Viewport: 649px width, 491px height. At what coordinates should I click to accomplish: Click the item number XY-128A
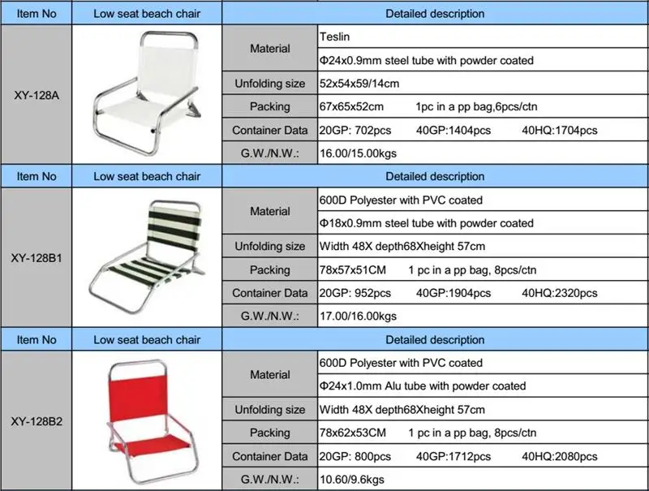coord(37,94)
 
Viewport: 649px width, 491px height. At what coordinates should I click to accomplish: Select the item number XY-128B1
coord(37,258)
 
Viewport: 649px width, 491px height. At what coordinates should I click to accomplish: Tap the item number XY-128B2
coord(37,421)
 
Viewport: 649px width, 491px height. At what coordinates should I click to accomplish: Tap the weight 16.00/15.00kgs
coord(359,153)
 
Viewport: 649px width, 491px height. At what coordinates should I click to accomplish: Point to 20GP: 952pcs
coord(356,293)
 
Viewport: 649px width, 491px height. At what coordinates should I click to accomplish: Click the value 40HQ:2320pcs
coord(560,293)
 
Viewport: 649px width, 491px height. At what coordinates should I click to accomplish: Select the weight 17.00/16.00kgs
coord(359,316)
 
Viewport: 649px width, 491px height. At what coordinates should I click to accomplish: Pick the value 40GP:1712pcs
coord(453,456)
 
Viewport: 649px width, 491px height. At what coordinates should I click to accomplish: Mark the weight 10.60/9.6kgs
coord(353,480)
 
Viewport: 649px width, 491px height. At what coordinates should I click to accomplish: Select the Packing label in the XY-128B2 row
coord(269,433)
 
